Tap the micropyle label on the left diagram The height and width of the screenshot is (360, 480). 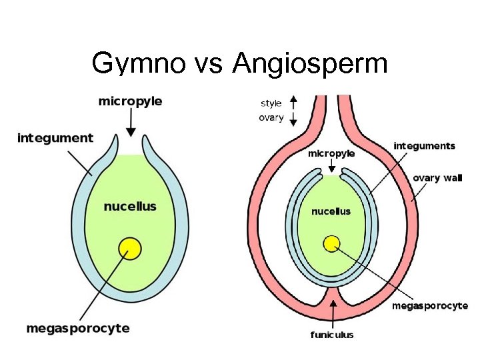pyautogui.click(x=130, y=102)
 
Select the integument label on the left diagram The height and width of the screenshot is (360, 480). pyautogui.click(x=55, y=138)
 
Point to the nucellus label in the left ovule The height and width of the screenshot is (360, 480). pyautogui.click(x=130, y=206)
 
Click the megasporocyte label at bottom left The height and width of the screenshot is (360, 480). pyautogui.click(x=78, y=328)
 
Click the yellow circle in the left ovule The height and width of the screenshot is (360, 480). pyautogui.click(x=130, y=249)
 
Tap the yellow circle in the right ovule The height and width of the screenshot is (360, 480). pyautogui.click(x=332, y=244)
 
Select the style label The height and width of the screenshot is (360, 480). pyautogui.click(x=271, y=103)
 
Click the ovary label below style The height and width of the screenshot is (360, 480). pyautogui.click(x=271, y=118)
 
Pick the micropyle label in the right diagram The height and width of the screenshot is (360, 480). pyautogui.click(x=331, y=153)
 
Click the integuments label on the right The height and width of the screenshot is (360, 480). pyautogui.click(x=425, y=145)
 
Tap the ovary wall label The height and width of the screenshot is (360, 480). pyautogui.click(x=437, y=178)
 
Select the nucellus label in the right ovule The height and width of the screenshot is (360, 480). pyautogui.click(x=331, y=211)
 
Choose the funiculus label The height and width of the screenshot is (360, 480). pyautogui.click(x=332, y=335)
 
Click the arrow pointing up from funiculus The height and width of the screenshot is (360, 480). pyautogui.click(x=332, y=314)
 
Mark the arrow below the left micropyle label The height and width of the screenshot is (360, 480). pyautogui.click(x=131, y=122)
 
